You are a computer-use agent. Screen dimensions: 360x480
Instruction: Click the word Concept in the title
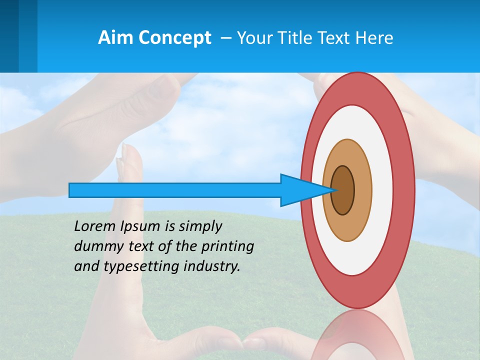tap(174, 37)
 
